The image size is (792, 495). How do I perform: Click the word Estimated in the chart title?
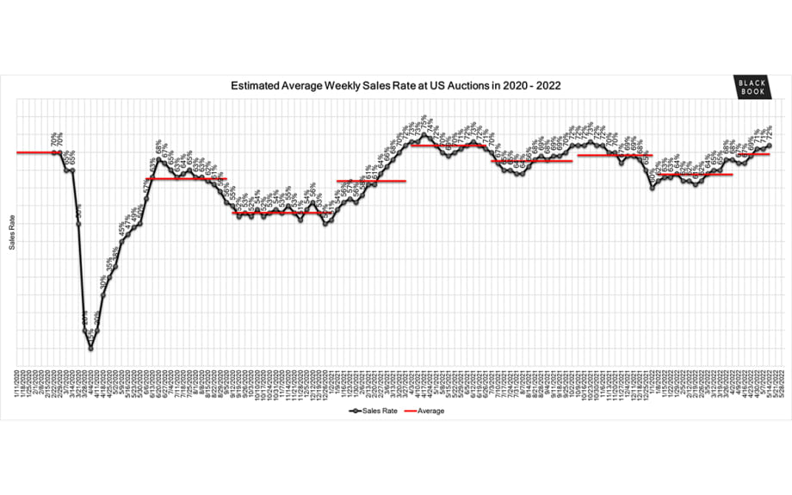tap(257, 86)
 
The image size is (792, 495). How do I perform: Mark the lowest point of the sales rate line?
tap(90, 348)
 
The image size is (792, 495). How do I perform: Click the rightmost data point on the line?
tap(770, 145)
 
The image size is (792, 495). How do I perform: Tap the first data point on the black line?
tap(54, 152)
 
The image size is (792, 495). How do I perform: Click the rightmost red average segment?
tap(754, 154)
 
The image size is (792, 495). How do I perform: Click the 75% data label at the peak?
tap(423, 121)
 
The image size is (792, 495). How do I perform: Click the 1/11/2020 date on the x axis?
tap(17, 380)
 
